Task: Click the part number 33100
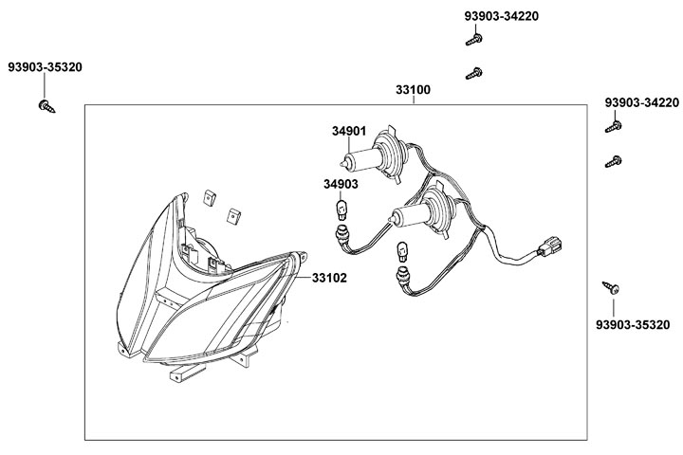(x=413, y=91)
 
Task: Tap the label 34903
(x=340, y=184)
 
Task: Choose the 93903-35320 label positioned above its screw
(x=45, y=67)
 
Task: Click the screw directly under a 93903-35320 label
(x=46, y=106)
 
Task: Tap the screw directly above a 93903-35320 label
(x=612, y=286)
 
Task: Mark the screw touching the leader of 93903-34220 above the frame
(x=473, y=40)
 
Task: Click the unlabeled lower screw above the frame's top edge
(x=474, y=71)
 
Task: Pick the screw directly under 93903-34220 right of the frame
(x=612, y=125)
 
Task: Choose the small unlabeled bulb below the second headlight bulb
(x=402, y=255)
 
